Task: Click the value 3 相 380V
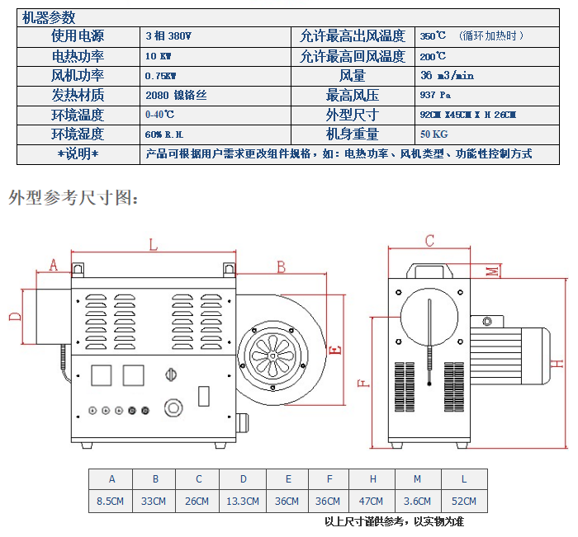coord(168,36)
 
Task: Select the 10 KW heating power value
coord(159,56)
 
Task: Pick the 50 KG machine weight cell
coord(433,134)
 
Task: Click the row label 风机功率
coord(78,76)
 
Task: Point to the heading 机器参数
coord(49,17)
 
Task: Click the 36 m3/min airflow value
coord(447,76)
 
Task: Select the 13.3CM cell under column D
coord(243,502)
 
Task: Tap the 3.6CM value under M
coord(417,502)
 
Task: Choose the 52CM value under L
coord(464,502)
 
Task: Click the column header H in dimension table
coord(373,478)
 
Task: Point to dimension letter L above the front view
coord(153,244)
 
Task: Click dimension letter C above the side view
coord(429,241)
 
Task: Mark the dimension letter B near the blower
coord(281,267)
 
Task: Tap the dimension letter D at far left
coord(15,317)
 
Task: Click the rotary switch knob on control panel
coord(171,374)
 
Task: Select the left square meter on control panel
coord(101,375)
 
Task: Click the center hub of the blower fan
coord(272,356)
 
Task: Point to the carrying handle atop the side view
coord(429,271)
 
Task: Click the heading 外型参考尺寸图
coord(73,198)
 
